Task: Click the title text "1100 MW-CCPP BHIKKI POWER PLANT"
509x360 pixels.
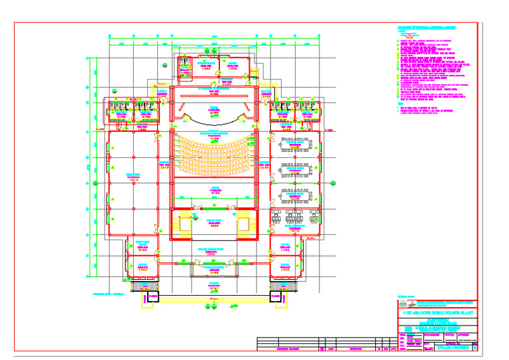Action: [437, 310]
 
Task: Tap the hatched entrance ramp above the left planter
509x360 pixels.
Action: [144, 286]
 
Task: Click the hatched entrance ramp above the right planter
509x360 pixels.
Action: [284, 286]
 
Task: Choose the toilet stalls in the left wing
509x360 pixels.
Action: [131, 105]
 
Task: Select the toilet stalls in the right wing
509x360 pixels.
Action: [296, 105]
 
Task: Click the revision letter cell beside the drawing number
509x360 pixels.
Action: [475, 347]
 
